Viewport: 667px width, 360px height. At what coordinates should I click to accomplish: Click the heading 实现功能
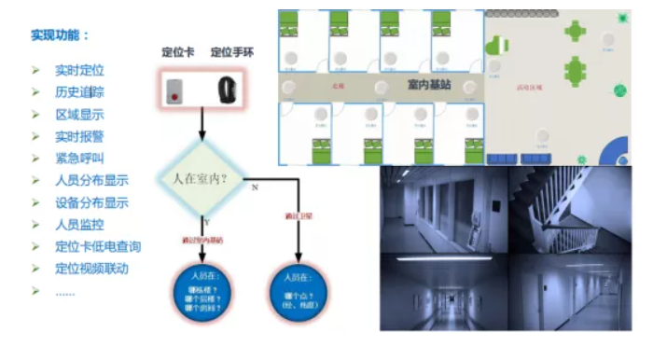coord(60,35)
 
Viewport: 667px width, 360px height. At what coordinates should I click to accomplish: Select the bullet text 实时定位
coord(79,71)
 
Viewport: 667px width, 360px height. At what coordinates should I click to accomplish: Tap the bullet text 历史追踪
coord(79,92)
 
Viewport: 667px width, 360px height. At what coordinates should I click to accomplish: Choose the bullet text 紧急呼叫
coord(79,158)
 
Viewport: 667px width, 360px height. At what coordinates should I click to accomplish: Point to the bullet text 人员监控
coord(79,224)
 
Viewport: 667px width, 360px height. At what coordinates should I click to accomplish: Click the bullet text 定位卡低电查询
coord(98,246)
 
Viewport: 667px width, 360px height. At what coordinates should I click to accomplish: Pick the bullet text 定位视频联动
coord(91,269)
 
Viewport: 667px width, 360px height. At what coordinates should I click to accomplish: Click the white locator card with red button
coord(176,90)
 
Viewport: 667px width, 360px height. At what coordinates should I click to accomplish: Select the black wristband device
coord(227,90)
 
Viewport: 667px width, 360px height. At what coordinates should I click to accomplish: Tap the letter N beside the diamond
coord(255,187)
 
